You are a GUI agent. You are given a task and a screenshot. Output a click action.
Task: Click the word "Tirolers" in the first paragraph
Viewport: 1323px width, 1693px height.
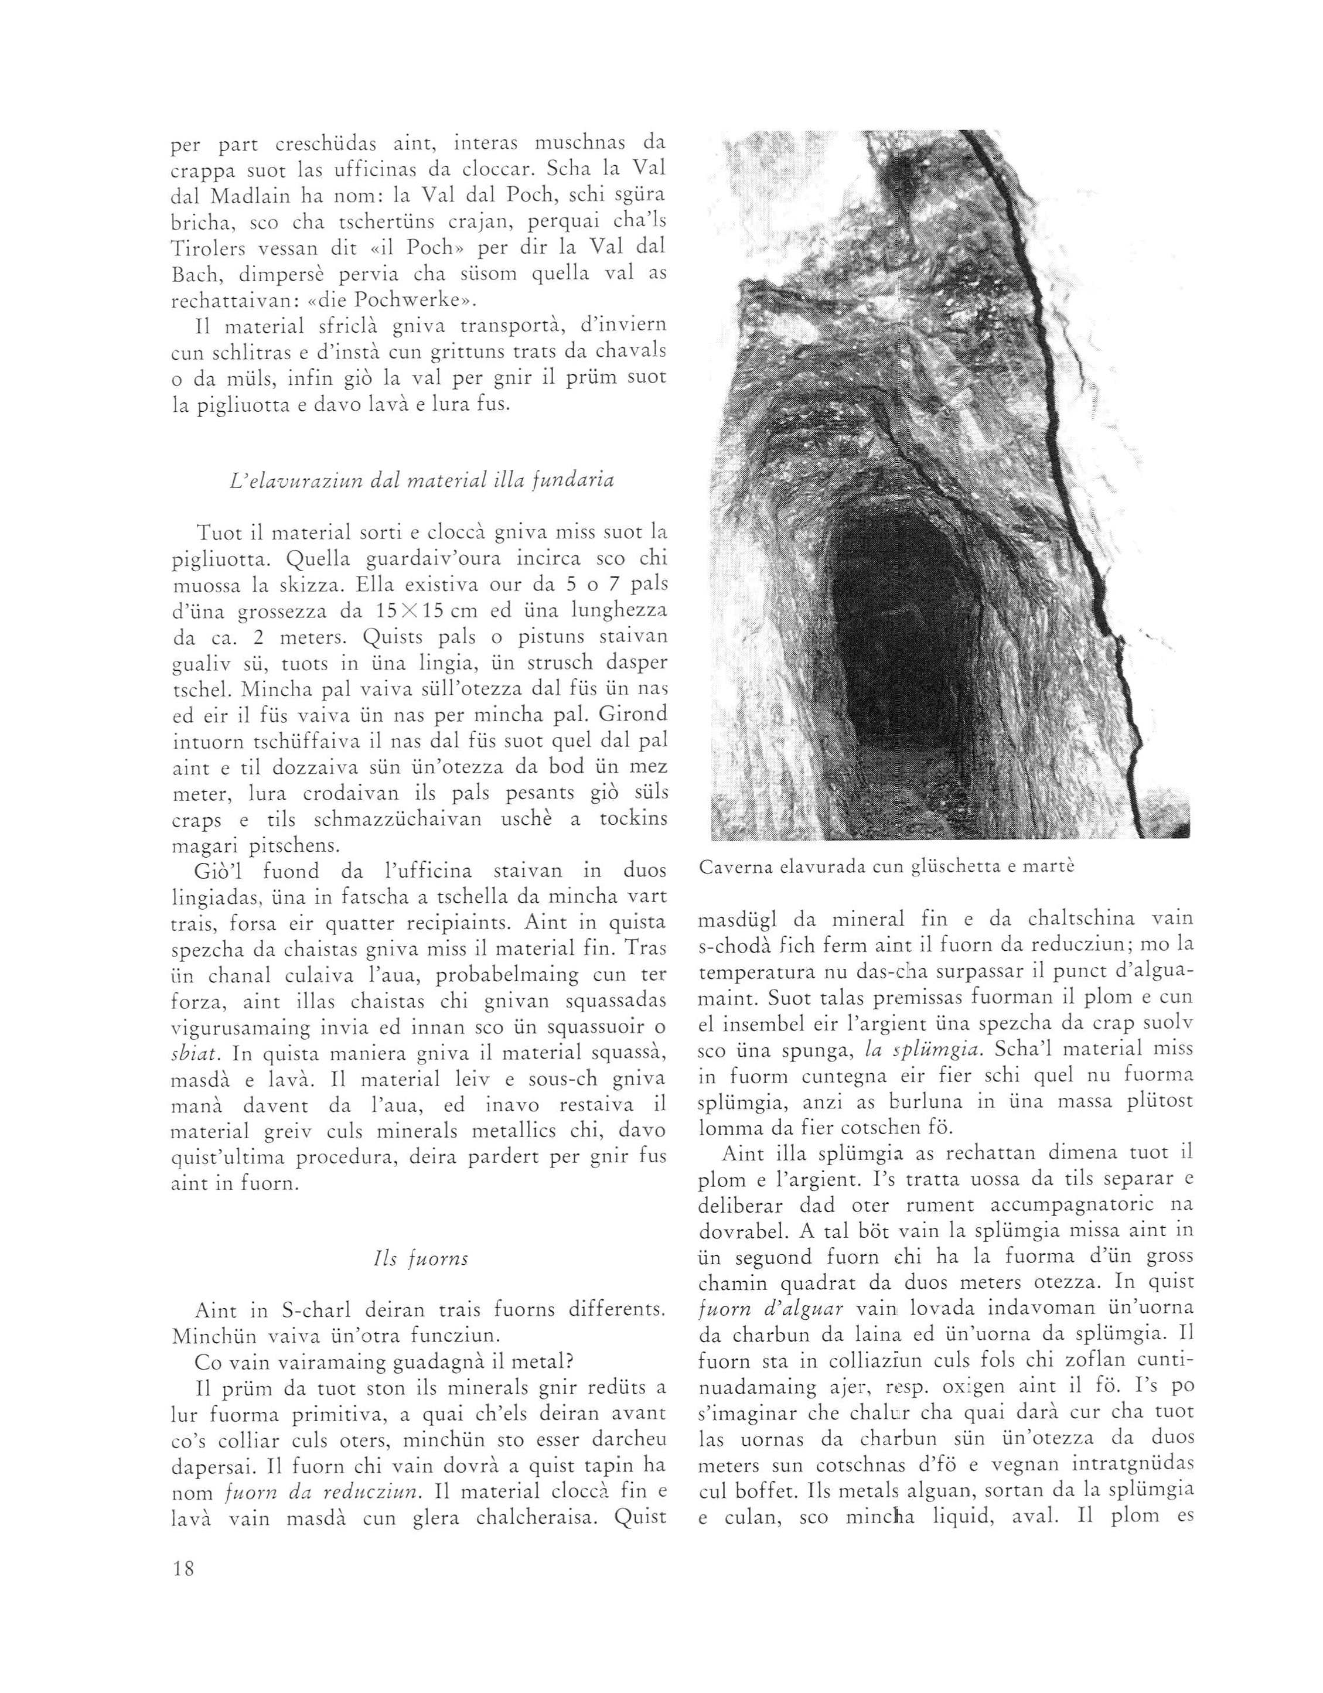[204, 247]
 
